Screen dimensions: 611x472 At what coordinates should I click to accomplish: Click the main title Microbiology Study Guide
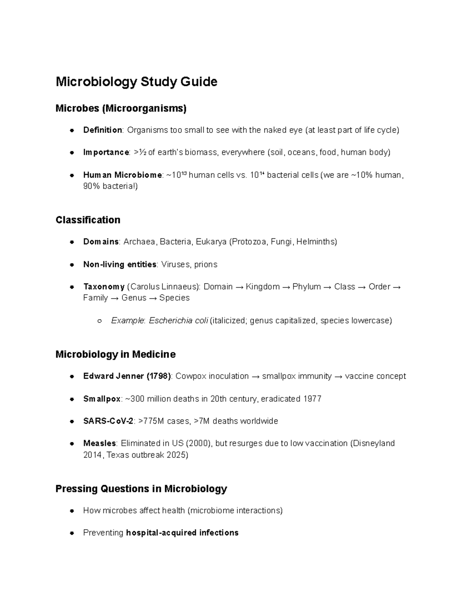pyautogui.click(x=136, y=82)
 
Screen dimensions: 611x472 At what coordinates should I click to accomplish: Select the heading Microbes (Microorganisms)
pyautogui.click(x=121, y=108)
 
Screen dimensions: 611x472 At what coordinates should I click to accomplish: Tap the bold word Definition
pyautogui.click(x=102, y=130)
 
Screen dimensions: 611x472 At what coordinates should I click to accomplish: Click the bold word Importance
pyautogui.click(x=106, y=152)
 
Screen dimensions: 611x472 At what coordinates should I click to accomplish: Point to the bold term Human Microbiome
pyautogui.click(x=122, y=175)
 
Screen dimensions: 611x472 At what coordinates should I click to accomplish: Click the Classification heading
pyautogui.click(x=88, y=220)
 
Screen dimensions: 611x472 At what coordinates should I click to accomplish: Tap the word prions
pyautogui.click(x=205, y=264)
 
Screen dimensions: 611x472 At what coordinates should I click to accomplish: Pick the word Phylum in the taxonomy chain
pyautogui.click(x=306, y=287)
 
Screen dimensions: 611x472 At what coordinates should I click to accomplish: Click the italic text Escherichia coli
pyautogui.click(x=178, y=321)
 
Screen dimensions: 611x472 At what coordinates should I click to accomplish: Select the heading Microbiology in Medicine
pyautogui.click(x=115, y=354)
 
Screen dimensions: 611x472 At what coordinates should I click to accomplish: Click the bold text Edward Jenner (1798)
pyautogui.click(x=127, y=376)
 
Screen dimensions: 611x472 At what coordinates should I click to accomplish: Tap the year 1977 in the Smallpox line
pyautogui.click(x=312, y=399)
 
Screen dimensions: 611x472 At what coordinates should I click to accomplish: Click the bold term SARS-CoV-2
pyautogui.click(x=108, y=421)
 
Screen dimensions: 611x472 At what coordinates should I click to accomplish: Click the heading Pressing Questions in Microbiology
pyautogui.click(x=141, y=489)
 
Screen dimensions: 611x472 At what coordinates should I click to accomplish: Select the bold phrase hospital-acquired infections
pyautogui.click(x=182, y=533)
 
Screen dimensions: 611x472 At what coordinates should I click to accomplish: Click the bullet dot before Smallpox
pyautogui.click(x=72, y=399)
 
